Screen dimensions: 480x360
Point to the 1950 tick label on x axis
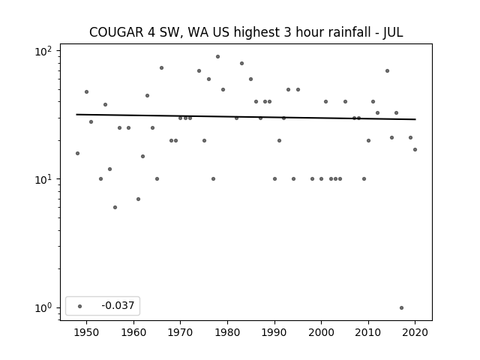(86, 332)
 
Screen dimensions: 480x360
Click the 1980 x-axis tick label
(227, 332)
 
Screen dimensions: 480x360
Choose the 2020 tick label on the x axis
(415, 332)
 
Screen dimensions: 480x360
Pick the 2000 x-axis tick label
(321, 332)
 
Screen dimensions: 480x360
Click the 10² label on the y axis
(43, 51)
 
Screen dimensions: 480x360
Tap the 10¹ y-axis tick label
(43, 179)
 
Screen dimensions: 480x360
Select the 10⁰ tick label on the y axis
(43, 307)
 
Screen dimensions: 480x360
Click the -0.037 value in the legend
(118, 305)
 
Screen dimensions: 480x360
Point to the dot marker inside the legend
(80, 306)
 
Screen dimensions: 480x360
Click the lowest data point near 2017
(401, 307)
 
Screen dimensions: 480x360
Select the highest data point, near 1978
(217, 57)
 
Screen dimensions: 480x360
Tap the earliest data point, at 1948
(77, 153)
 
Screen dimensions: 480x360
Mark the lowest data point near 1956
(115, 207)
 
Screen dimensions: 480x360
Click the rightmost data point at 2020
(415, 150)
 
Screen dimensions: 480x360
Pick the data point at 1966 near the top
(162, 68)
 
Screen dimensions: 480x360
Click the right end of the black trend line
(415, 119)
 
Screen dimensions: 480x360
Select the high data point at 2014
(387, 71)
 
